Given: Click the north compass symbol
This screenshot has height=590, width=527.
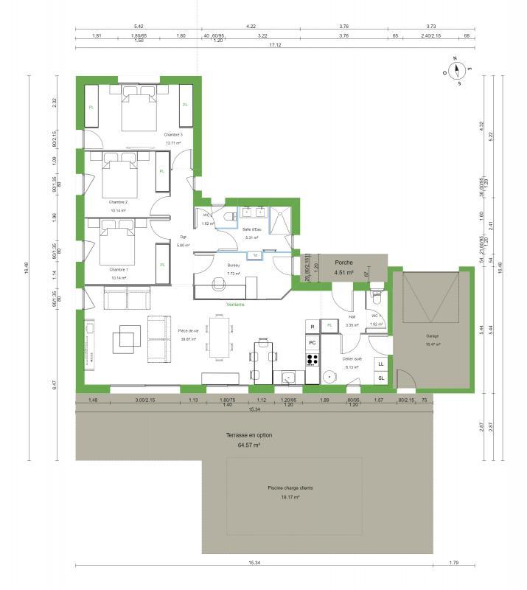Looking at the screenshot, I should [x=458, y=72].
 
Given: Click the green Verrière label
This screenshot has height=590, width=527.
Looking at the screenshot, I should [x=235, y=304].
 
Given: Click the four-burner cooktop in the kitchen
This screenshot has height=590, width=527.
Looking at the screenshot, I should [x=312, y=361].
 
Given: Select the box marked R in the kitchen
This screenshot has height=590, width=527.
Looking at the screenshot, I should [x=312, y=326].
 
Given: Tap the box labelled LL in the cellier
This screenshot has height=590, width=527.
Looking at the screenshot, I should [x=381, y=364].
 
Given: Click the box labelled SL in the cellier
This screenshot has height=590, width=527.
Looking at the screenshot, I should [x=381, y=378].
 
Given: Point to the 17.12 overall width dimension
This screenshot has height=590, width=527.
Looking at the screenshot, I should [x=276, y=44].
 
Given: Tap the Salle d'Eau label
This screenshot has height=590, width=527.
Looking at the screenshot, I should [x=253, y=229].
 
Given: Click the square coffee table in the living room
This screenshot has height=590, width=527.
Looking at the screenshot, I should [x=124, y=339].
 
